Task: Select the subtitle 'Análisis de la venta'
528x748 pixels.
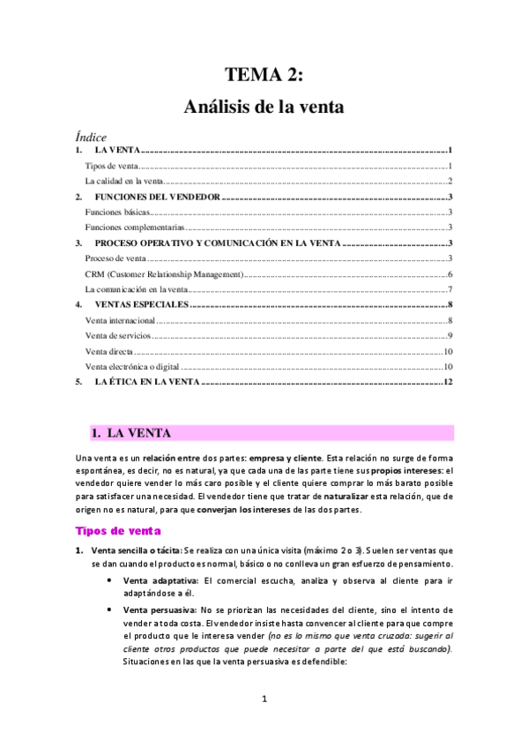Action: tap(264, 108)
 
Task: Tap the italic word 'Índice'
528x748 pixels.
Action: tap(92, 137)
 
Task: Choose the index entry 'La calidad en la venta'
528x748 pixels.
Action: tap(124, 181)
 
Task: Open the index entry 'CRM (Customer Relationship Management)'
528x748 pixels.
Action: tap(164, 274)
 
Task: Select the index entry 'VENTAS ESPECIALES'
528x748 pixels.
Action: tap(142, 304)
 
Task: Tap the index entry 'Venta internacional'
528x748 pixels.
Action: tap(120, 320)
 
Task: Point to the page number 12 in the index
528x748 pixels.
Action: tap(448, 382)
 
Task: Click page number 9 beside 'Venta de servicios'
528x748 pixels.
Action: tap(450, 336)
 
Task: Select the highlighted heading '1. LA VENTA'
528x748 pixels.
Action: tap(132, 433)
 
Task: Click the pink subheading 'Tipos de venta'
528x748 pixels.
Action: tap(118, 531)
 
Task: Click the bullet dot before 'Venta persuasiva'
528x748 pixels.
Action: tap(108, 610)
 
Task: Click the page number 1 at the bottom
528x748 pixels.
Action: tap(264, 700)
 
